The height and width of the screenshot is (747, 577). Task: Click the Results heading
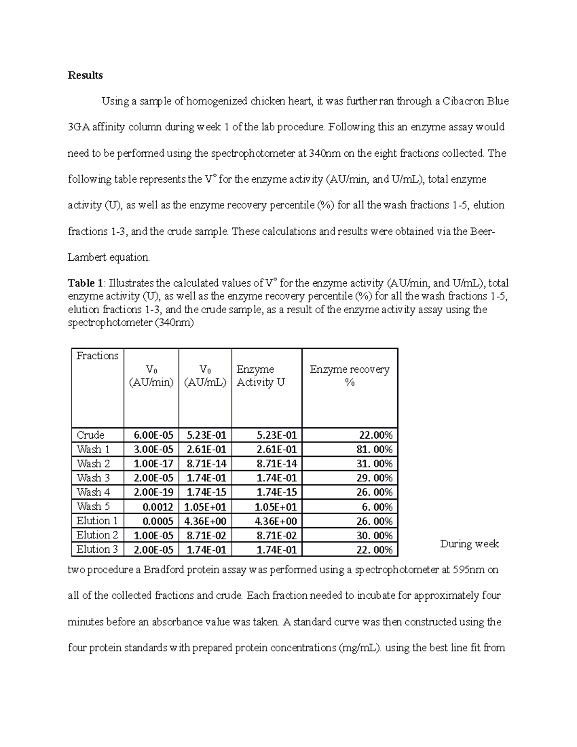point(85,75)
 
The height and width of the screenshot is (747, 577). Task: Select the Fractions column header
point(97,356)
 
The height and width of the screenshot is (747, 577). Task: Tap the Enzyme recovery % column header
point(350,376)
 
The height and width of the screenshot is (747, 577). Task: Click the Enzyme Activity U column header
point(261,376)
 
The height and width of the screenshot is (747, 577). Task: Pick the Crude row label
point(90,435)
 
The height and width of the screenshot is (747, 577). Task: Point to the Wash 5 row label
point(93,506)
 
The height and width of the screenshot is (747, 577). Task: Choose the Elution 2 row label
point(97,535)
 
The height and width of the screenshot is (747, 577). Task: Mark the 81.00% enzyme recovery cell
point(375,450)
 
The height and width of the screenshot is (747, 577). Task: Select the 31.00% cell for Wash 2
point(375,464)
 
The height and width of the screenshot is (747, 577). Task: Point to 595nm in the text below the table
point(469,570)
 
